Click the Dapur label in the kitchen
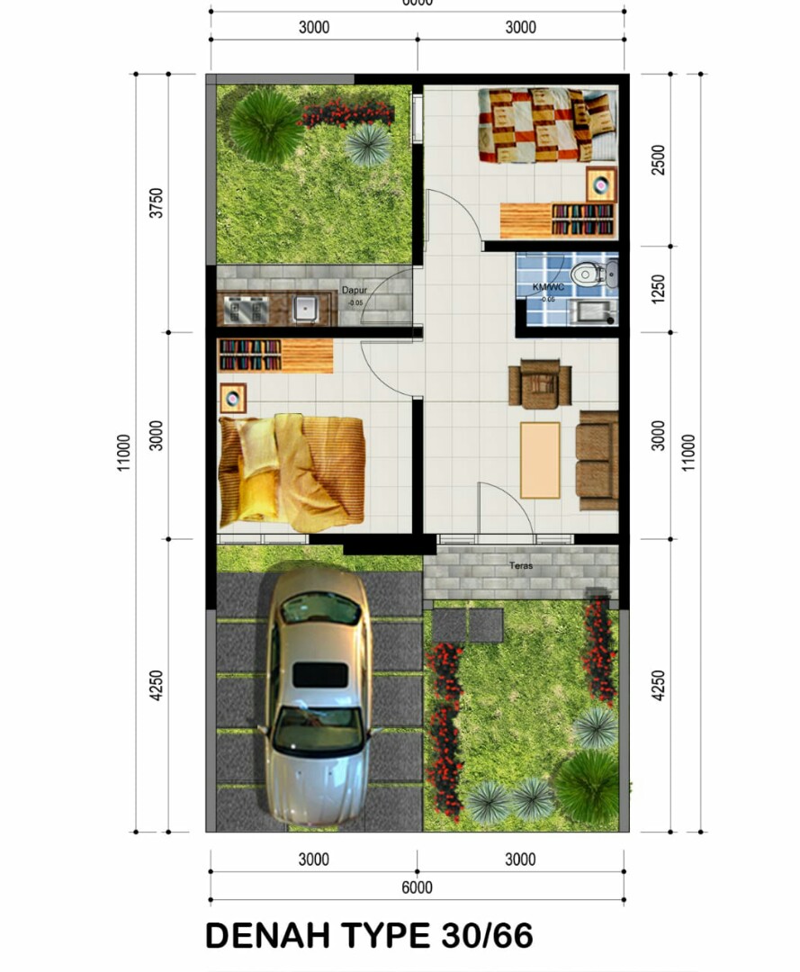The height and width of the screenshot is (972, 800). (x=353, y=291)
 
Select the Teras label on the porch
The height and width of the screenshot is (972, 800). (x=520, y=566)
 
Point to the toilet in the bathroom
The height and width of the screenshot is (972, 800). (x=589, y=273)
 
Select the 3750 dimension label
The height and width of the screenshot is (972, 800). (x=157, y=203)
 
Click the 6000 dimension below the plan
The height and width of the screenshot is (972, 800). (x=417, y=887)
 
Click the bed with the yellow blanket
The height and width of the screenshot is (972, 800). (x=292, y=471)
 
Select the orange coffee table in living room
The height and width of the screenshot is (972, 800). (x=540, y=459)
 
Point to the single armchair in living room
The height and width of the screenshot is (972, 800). (x=540, y=384)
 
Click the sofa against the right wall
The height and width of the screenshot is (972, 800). (x=598, y=460)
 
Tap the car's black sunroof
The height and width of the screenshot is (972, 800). (x=320, y=675)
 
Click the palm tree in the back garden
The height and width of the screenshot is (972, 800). (x=265, y=124)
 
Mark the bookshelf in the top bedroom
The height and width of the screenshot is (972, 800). (x=582, y=219)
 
